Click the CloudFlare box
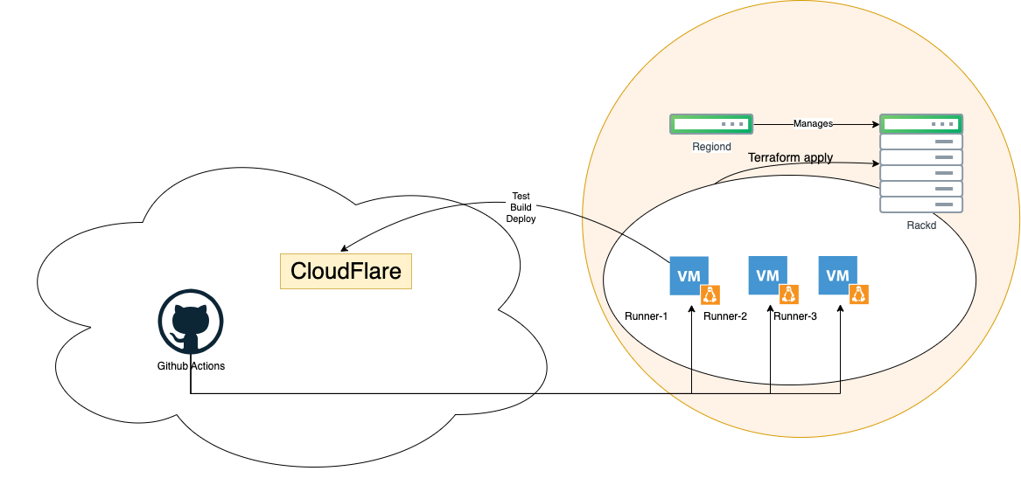(346, 271)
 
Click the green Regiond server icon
(711, 124)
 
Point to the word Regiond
(711, 147)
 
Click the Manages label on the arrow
(813, 124)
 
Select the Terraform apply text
(790, 158)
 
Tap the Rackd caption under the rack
(921, 225)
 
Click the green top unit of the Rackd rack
(921, 124)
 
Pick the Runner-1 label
(647, 316)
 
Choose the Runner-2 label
(725, 316)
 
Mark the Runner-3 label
(795, 316)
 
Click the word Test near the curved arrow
(521, 196)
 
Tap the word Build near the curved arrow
(521, 207)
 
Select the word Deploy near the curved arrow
(521, 218)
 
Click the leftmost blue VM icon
(689, 275)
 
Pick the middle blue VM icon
(767, 275)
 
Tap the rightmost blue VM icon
(837, 275)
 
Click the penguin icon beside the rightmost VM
(859, 294)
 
